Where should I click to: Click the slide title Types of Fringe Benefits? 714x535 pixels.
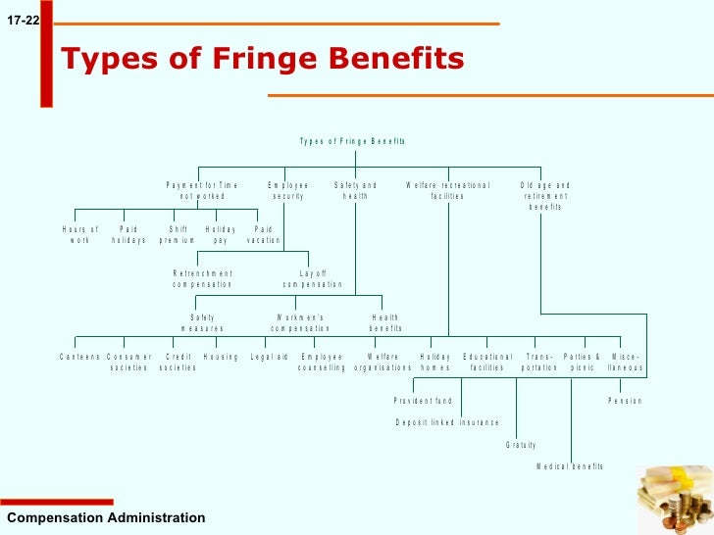point(263,60)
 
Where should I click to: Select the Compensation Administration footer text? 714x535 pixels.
point(106,517)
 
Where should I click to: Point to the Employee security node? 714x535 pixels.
point(288,190)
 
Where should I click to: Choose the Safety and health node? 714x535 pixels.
point(355,190)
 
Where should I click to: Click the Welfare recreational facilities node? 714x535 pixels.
point(447,190)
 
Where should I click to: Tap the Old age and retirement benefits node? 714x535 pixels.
point(545,195)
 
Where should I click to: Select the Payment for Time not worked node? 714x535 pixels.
point(202,190)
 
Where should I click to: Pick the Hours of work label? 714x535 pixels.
point(80,234)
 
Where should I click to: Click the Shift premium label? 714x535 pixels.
point(178,234)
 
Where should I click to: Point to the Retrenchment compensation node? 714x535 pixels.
point(203,278)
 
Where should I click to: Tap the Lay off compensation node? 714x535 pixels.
point(313,278)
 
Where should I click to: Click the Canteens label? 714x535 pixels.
point(79,357)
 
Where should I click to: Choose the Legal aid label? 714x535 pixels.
point(270,357)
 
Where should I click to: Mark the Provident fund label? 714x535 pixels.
point(423,401)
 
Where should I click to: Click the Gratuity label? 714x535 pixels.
point(521,445)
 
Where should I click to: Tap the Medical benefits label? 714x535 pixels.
point(570,466)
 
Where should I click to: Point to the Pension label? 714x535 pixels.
point(625,401)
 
